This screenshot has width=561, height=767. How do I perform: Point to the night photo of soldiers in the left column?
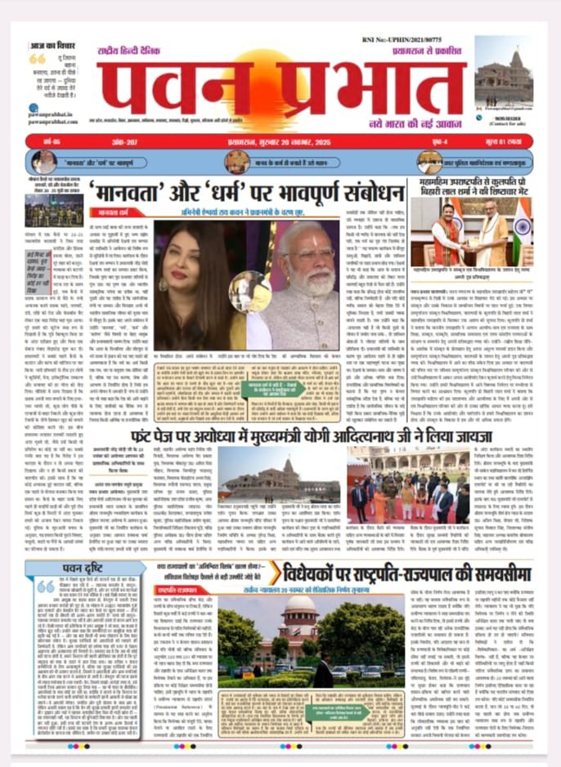tap(53, 210)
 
